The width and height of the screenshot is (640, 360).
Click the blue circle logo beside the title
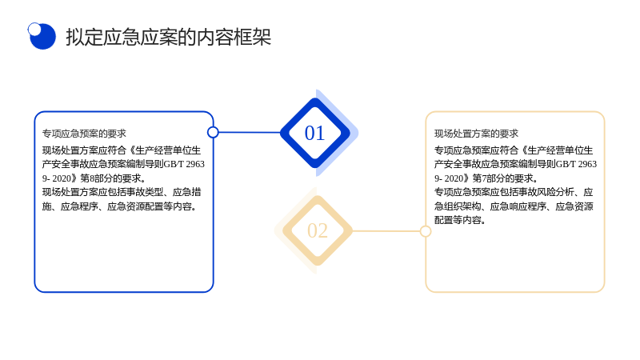tap(42, 36)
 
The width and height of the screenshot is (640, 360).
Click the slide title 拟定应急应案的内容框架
tap(169, 37)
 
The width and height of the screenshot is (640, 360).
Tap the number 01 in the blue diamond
tap(314, 133)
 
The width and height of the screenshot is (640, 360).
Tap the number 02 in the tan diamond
tap(318, 230)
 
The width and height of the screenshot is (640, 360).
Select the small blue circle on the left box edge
tap(213, 132)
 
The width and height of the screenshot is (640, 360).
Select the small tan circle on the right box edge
tap(426, 231)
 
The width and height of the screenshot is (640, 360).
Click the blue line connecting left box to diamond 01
tap(250, 132)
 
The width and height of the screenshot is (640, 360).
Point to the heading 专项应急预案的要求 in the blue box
tap(84, 134)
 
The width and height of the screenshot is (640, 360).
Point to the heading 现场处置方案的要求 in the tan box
tap(476, 134)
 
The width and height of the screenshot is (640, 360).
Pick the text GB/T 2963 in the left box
tap(184, 164)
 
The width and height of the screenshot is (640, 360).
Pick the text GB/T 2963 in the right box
tap(576, 164)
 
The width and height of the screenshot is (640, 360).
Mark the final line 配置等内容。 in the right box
tap(460, 220)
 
